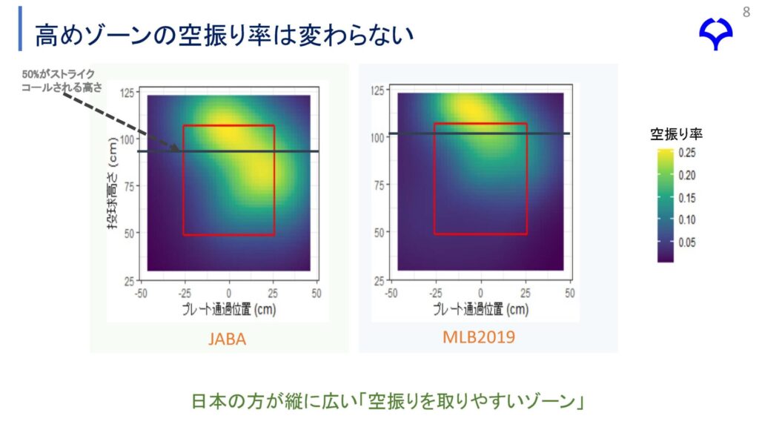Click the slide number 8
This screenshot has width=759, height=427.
click(x=746, y=12)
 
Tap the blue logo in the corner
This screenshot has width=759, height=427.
click(x=715, y=33)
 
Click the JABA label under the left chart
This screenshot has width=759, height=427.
click(x=227, y=339)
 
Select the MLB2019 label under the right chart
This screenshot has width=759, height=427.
click(x=479, y=337)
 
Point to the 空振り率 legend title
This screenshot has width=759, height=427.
click(x=676, y=134)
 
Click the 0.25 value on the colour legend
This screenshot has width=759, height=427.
click(x=687, y=153)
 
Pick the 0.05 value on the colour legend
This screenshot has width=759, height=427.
click(x=687, y=242)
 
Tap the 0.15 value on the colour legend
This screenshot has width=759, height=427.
click(x=687, y=198)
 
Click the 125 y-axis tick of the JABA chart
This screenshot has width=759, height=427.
click(x=127, y=93)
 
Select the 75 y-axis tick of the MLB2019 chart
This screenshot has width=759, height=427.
click(x=379, y=185)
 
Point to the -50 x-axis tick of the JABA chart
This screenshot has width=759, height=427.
click(x=141, y=294)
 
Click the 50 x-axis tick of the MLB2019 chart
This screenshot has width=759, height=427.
click(x=570, y=293)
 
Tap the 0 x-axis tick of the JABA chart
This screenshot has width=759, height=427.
click(x=229, y=294)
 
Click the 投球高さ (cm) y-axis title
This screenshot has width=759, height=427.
click(x=113, y=184)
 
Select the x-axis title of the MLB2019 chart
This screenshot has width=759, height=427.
click(x=480, y=309)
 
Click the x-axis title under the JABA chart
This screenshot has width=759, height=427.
click(x=229, y=309)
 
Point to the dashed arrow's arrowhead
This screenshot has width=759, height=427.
click(x=175, y=148)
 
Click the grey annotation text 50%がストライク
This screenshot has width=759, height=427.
click(x=58, y=74)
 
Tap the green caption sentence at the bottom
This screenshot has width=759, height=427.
click(x=388, y=401)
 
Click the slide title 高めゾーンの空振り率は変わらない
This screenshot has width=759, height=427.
click(x=224, y=35)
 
